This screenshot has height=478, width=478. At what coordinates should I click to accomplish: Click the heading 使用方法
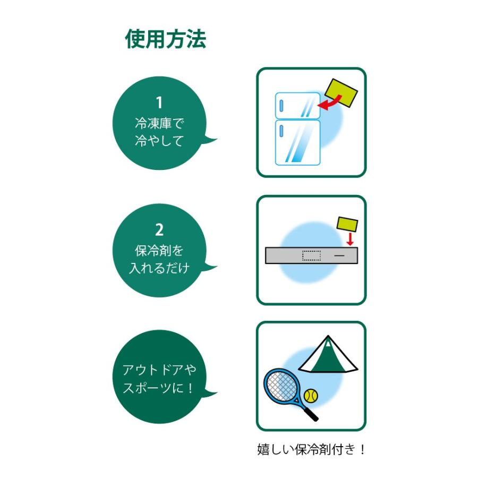click(x=165, y=39)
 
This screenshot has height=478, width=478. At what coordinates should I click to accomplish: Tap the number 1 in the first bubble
click(x=159, y=103)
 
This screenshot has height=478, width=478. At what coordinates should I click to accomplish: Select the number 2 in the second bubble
click(x=159, y=230)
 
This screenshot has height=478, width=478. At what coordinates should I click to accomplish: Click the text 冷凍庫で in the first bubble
click(x=159, y=124)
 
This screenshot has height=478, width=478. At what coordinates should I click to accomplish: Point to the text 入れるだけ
click(x=159, y=268)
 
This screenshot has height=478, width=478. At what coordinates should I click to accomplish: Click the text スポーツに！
click(x=159, y=388)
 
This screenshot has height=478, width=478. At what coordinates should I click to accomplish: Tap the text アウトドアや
click(x=159, y=370)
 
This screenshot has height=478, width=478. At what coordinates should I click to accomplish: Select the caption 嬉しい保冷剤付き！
click(x=311, y=450)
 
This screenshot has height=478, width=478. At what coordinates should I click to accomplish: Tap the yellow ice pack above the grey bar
click(x=347, y=224)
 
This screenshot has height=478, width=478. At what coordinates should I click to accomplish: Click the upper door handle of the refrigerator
click(x=280, y=105)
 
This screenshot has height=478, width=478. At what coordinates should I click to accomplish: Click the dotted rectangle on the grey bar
click(x=311, y=255)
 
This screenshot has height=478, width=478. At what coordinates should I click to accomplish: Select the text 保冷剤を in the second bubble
click(x=159, y=250)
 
